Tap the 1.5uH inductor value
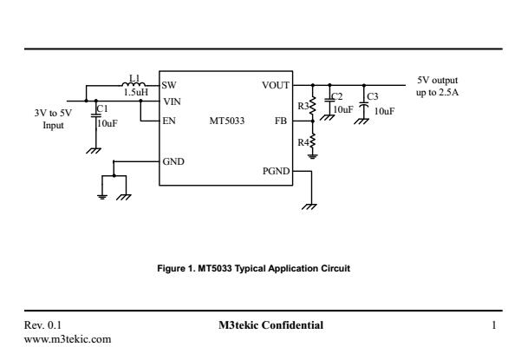tap(135, 92)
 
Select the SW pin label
tap(168, 85)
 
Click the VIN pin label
tap(170, 101)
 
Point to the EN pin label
tap(168, 121)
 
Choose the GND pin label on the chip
tap(173, 161)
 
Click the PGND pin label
tap(276, 172)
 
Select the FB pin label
tap(280, 121)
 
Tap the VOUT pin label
tap(275, 85)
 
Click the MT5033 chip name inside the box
tap(226, 121)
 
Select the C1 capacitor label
tap(101, 109)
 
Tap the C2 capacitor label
tap(337, 95)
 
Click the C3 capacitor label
tap(373, 95)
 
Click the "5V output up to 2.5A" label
tap(438, 87)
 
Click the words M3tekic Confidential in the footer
tap(271, 325)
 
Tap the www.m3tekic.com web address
tap(68, 338)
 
